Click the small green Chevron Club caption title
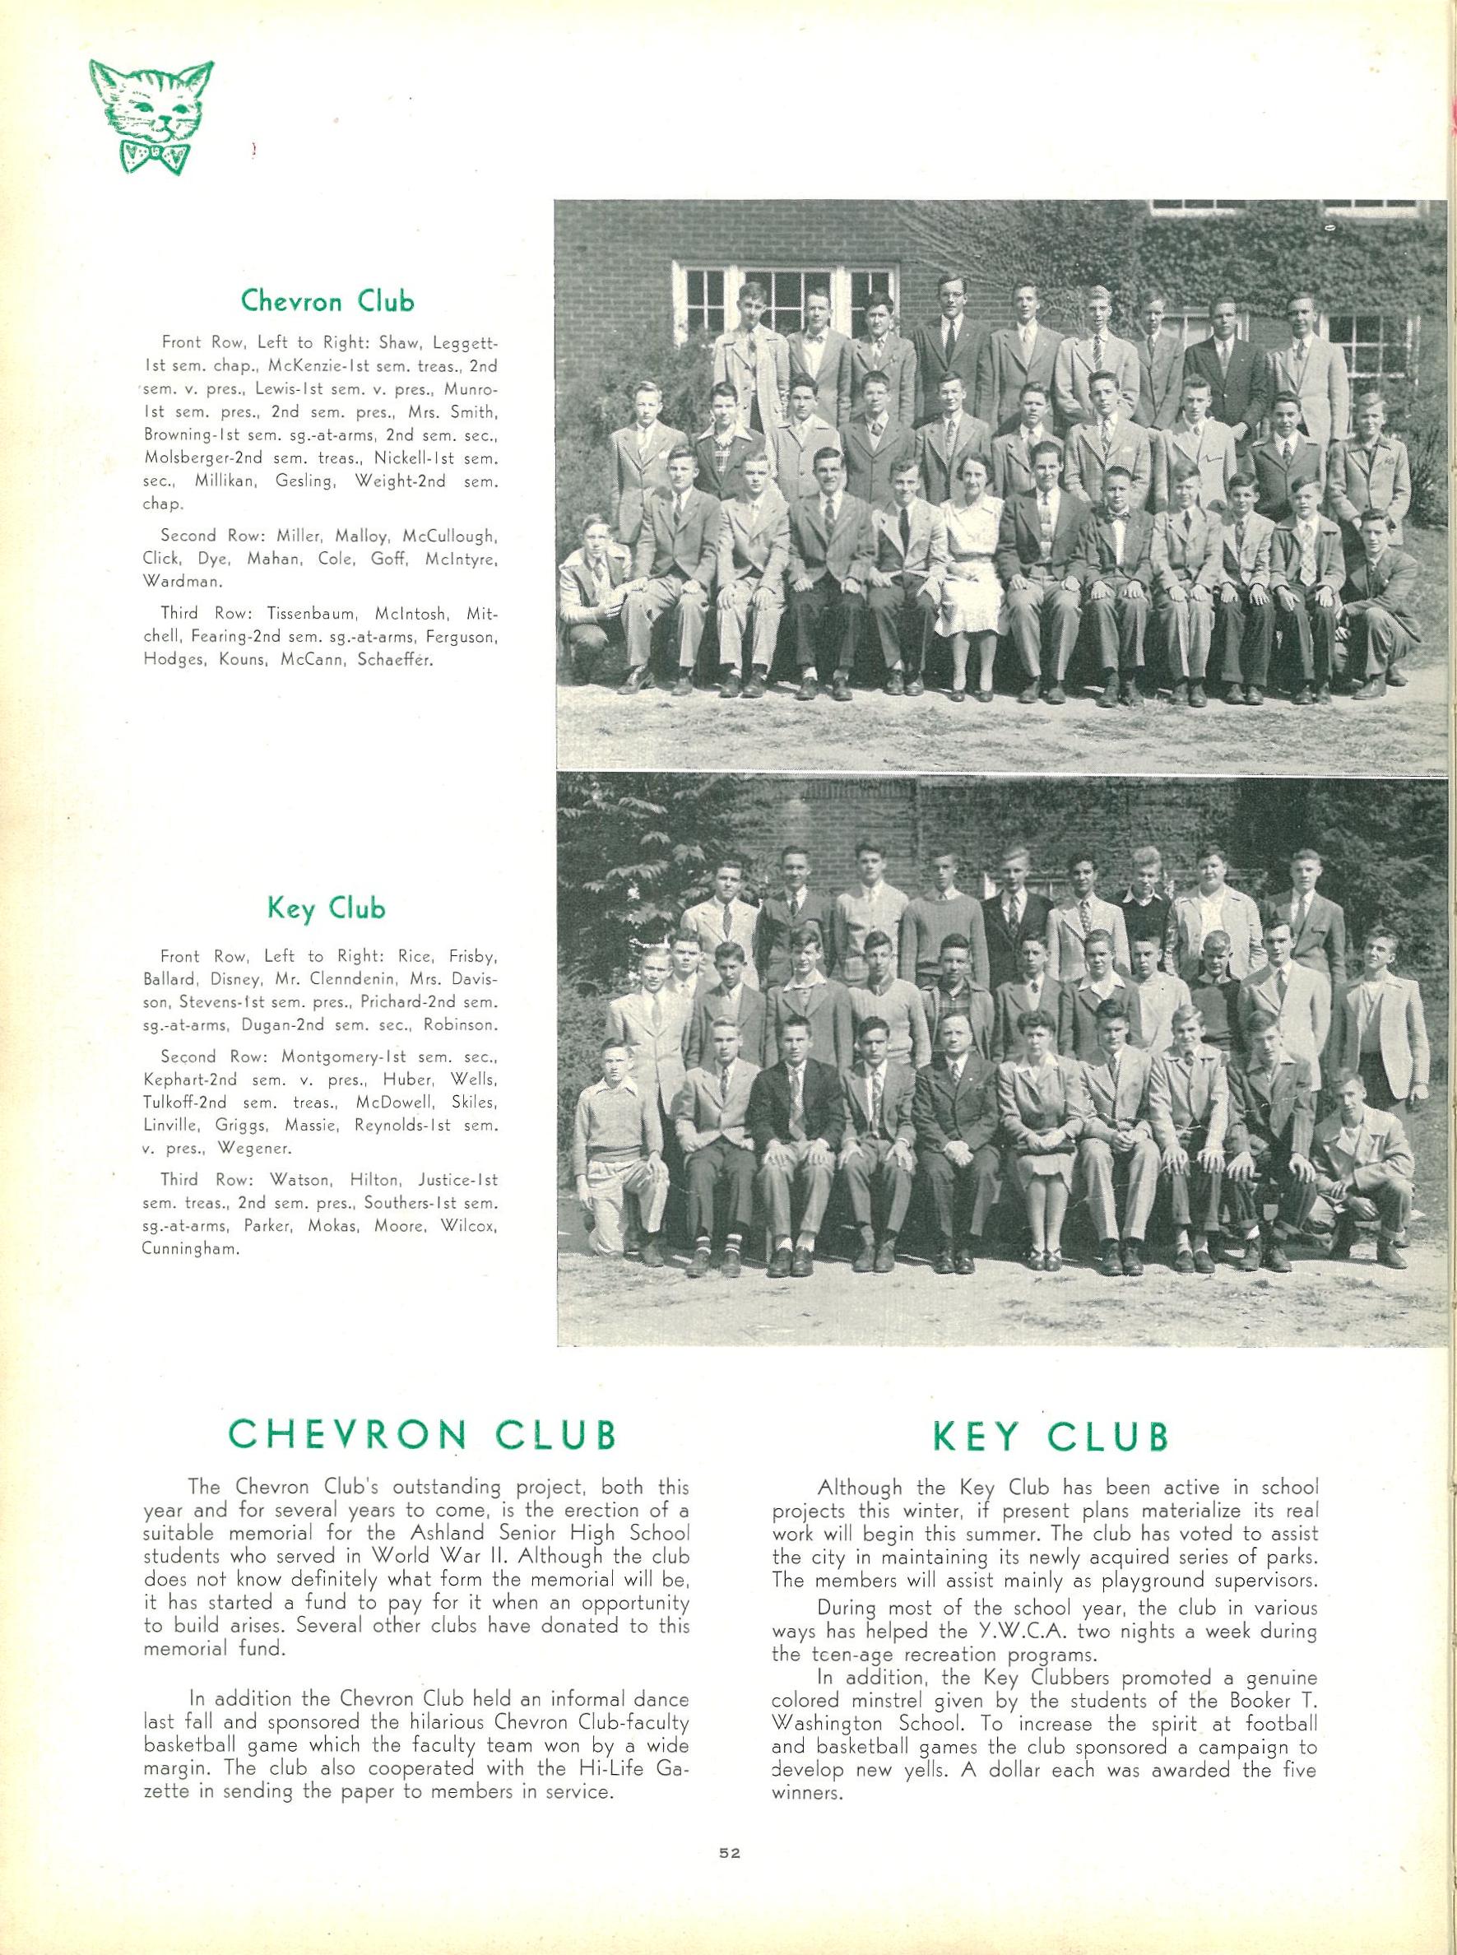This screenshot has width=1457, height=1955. pos(327,302)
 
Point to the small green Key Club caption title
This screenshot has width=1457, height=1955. pos(327,908)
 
